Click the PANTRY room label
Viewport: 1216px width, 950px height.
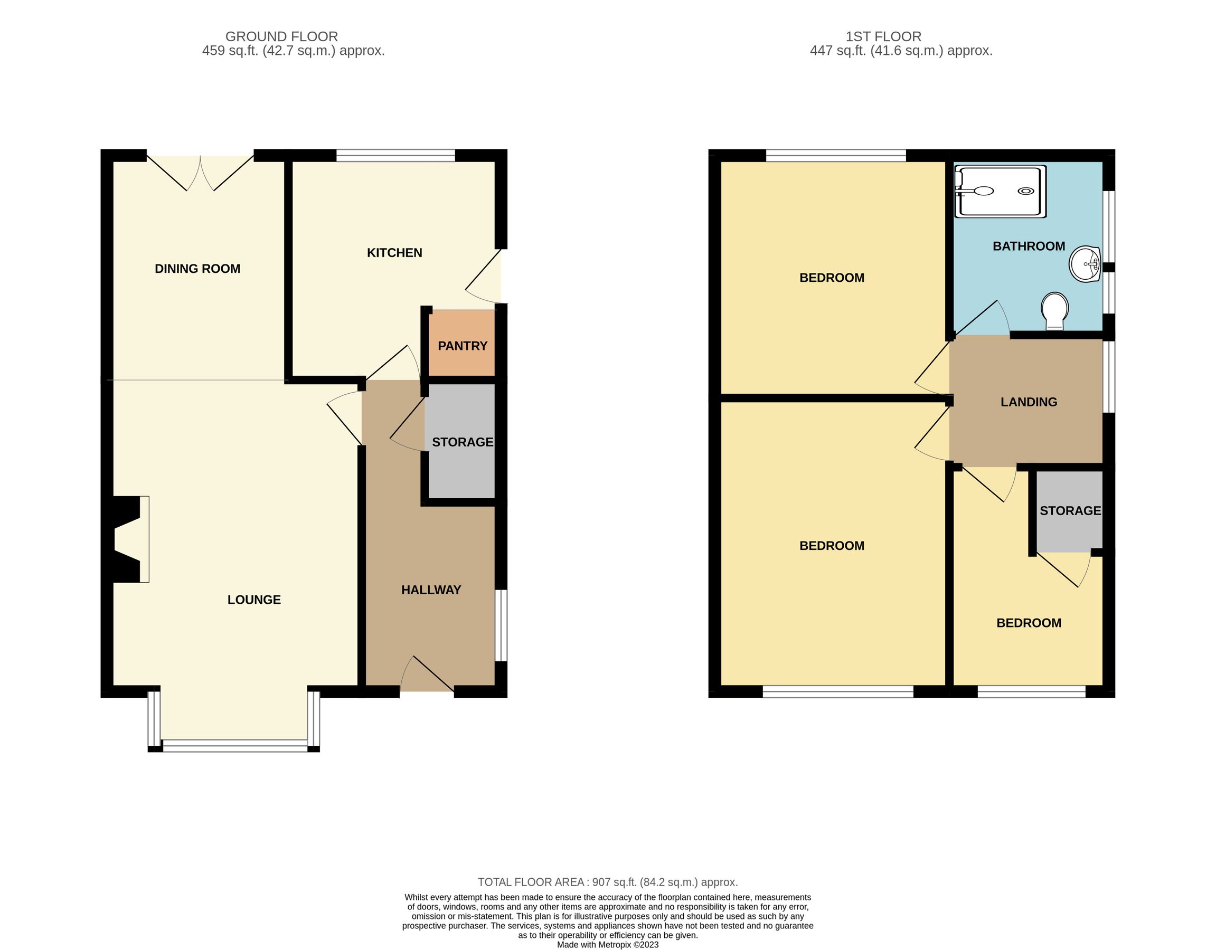tap(462, 346)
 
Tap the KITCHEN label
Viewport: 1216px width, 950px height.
tap(394, 253)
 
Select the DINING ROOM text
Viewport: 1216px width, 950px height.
tap(197, 269)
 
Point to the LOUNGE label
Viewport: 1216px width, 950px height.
tap(254, 600)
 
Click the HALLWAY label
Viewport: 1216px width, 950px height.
tap(431, 590)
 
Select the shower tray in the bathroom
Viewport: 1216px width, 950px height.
tap(1000, 192)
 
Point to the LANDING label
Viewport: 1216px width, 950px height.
tap(1029, 402)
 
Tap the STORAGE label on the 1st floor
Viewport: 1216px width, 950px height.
tap(1070, 511)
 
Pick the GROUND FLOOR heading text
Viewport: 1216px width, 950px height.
tap(281, 37)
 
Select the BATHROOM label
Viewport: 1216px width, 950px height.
tap(1029, 246)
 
